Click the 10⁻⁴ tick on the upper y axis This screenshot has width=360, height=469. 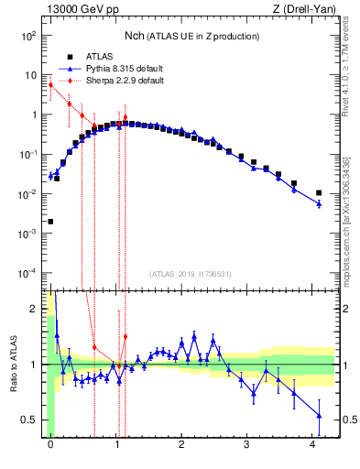pos(28,274)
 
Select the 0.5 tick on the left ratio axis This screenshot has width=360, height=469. pos(30,420)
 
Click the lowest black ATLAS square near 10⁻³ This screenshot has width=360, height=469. pos(50,222)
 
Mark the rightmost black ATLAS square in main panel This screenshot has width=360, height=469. pos(319,193)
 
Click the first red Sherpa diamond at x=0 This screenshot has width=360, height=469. pos(50,85)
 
